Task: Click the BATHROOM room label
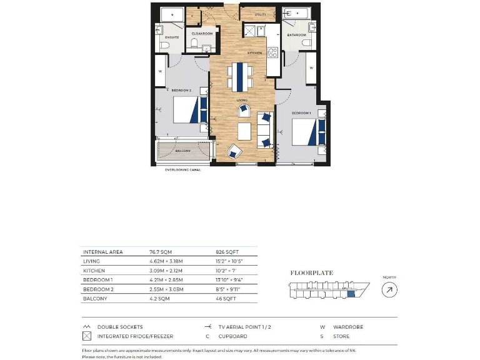coord(296,35)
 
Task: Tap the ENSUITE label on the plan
coord(172,37)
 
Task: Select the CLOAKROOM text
coord(202,33)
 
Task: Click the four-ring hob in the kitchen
coord(252,31)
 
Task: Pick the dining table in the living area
coord(241,76)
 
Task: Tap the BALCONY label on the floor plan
coord(182,151)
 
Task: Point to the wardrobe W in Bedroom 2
coord(161,71)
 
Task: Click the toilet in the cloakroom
coord(194,43)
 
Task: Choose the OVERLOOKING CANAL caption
coord(185,169)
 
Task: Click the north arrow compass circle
coord(389,289)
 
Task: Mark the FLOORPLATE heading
coord(312,272)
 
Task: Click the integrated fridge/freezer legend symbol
coord(86,336)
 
